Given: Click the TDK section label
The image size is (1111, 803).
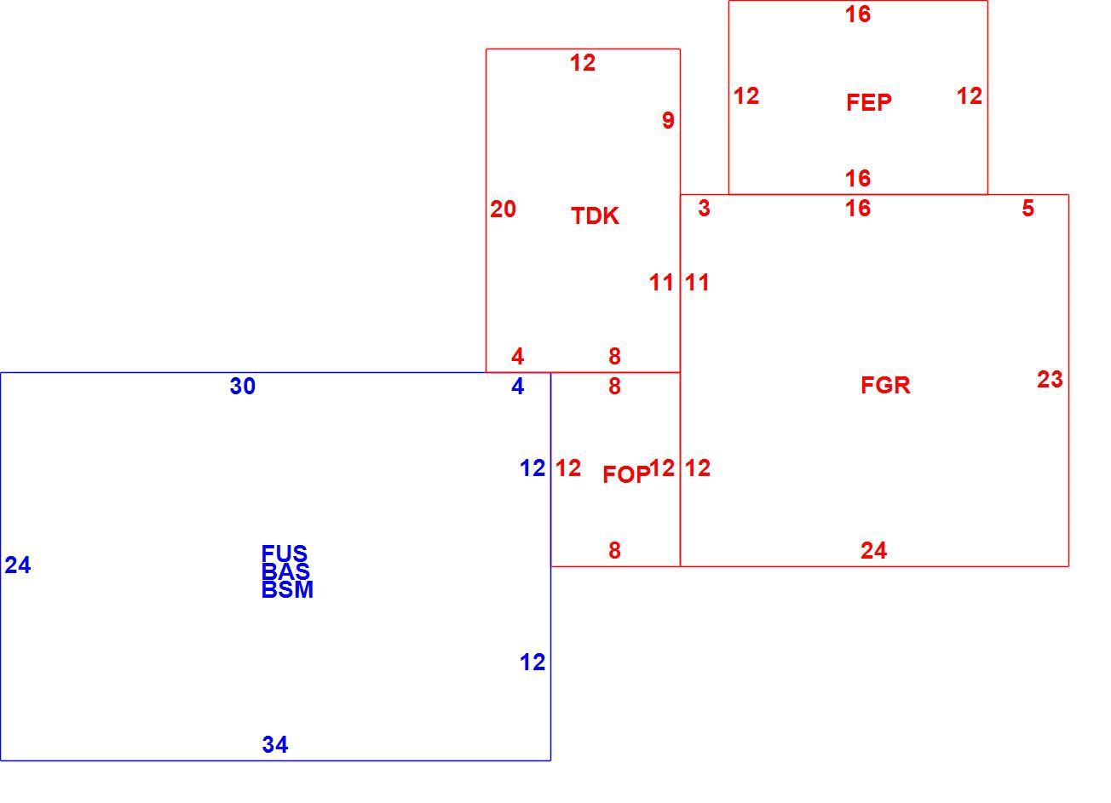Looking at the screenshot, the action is coord(596,216).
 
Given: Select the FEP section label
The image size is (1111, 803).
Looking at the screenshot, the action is coord(869,102).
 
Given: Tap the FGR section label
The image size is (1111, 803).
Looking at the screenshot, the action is coord(886,385).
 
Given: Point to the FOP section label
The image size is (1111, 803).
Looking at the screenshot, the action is coord(626,474).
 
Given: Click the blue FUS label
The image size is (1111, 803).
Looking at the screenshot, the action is coord(285,553).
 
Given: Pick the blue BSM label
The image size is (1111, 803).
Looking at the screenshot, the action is coord(287,590).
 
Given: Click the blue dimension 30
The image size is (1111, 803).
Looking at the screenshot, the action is coord(243,386).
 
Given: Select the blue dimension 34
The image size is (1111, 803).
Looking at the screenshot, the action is coord(275,744).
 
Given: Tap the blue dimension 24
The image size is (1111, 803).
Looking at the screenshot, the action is coord(18,565).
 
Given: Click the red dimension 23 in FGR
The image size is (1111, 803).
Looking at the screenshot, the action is coord(1050,380).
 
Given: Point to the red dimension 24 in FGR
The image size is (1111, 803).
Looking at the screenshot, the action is coord(874,550).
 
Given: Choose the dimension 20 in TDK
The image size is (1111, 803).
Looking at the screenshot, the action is coord(503,209).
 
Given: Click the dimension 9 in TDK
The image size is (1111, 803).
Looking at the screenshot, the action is coord(669,120).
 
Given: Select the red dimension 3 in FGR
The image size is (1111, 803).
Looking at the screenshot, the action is coord(705,208).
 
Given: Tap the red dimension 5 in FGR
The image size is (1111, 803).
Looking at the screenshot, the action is coord(1028,208).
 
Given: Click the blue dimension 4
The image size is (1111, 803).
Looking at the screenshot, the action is coord(518,386).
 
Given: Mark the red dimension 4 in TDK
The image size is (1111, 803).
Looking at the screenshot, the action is coord(518,356).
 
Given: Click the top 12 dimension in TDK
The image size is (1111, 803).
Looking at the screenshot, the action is coord(583,63).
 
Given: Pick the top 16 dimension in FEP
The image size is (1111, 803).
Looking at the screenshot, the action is coord(858,14).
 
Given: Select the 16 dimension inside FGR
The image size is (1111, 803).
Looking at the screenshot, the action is coord(858,208).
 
